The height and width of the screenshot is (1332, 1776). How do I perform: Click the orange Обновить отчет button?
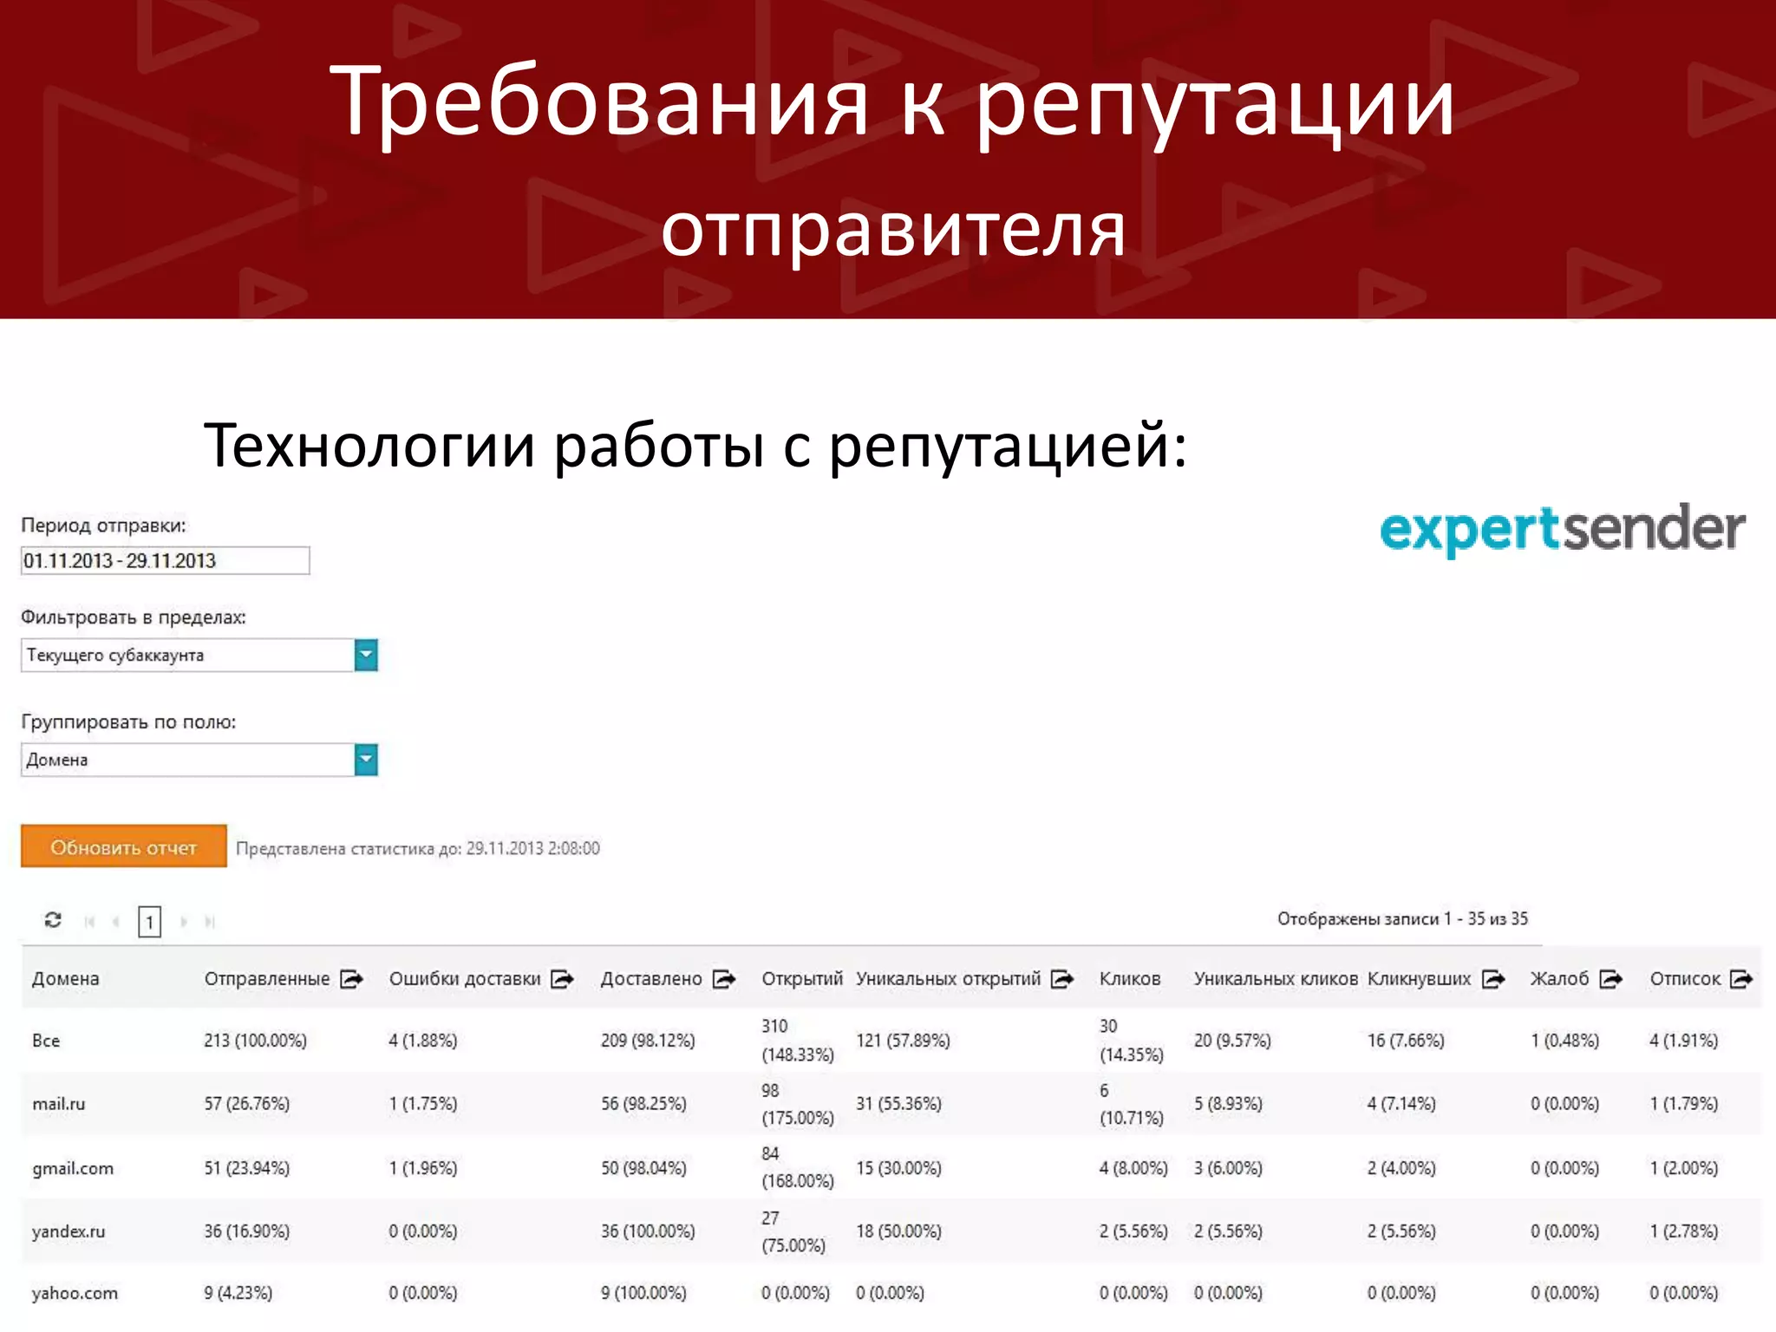123,846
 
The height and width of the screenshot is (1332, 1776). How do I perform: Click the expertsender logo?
1562,529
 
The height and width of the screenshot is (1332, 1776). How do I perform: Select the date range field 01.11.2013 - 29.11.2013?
165,561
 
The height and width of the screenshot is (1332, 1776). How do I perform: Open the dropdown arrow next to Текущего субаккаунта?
366,655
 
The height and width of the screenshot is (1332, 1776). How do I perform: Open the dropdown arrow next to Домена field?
366,760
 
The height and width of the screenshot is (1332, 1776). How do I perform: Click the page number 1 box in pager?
149,921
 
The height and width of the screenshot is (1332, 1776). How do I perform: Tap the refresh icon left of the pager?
53,919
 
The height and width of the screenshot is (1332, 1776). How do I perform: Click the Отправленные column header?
267,979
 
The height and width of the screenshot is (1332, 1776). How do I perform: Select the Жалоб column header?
1559,979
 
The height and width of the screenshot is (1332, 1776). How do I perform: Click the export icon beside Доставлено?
724,979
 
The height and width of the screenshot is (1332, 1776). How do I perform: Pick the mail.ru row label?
59,1104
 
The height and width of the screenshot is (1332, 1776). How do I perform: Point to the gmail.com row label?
73,1168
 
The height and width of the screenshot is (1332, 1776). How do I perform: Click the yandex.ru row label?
69,1231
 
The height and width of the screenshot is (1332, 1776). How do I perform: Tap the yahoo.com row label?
75,1293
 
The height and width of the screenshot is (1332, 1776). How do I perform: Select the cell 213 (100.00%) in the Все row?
256,1041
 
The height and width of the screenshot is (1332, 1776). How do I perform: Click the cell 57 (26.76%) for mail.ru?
247,1104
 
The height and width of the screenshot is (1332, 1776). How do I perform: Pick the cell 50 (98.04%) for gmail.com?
643,1168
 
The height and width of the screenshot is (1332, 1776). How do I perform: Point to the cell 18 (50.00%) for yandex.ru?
898,1231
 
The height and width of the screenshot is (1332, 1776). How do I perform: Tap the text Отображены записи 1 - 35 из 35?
1402,919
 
